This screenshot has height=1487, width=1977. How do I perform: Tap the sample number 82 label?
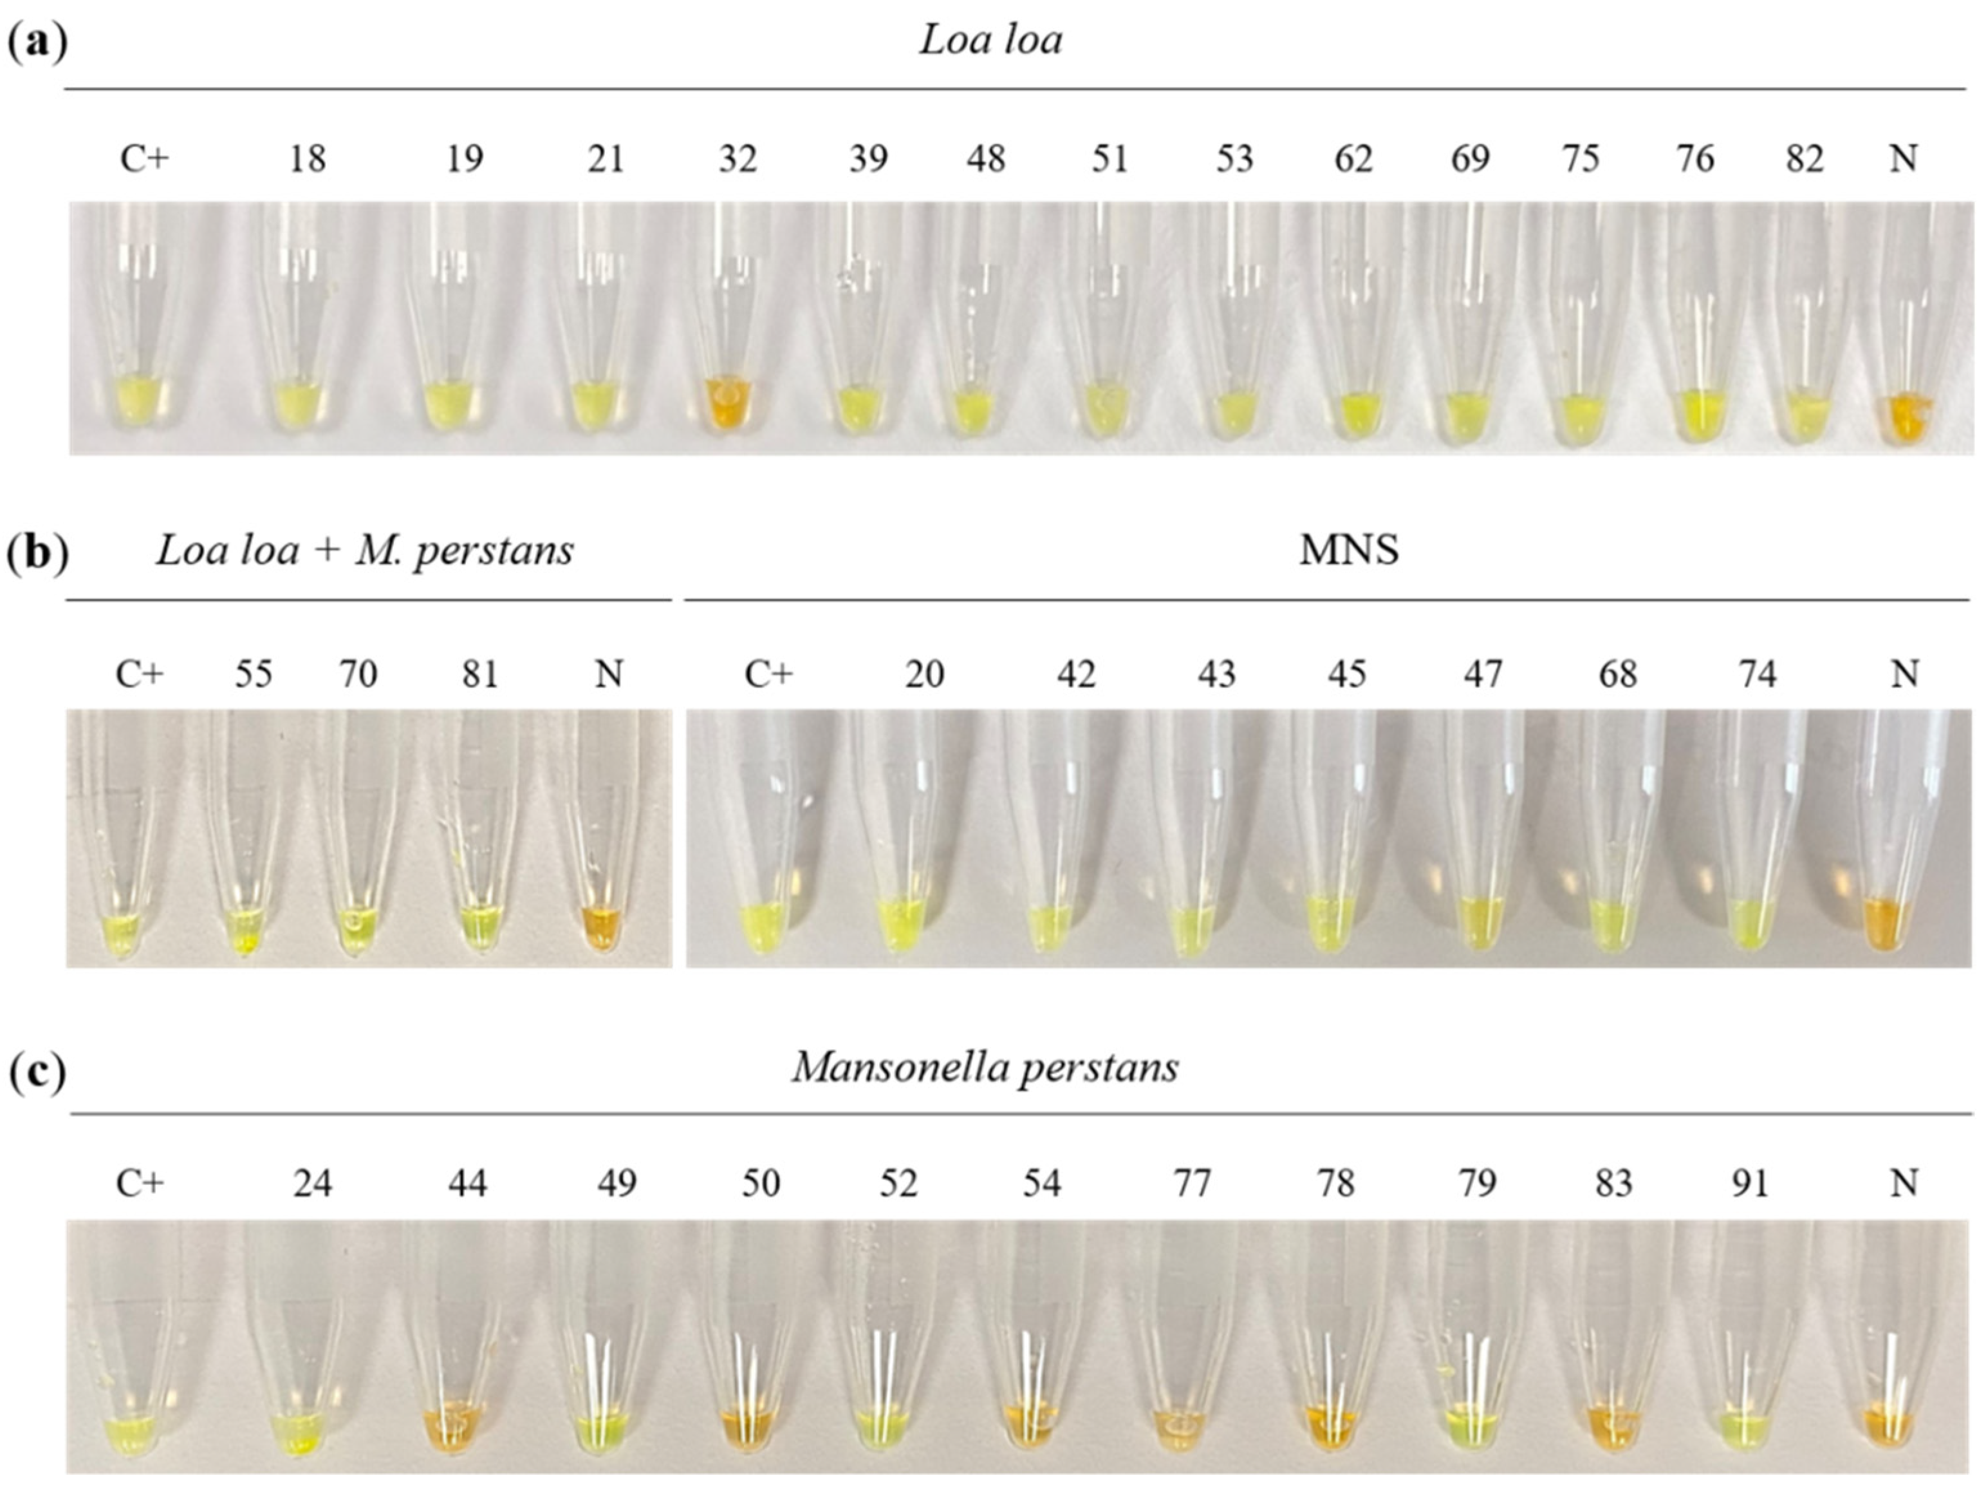point(1804,158)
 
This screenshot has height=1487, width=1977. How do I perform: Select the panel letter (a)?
point(37,41)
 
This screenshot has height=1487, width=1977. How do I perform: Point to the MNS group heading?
point(1349,549)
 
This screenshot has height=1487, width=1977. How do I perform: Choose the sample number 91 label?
point(1749,1183)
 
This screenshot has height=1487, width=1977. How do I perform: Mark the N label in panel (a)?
point(1904,158)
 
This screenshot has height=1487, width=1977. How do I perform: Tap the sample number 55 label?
point(253,674)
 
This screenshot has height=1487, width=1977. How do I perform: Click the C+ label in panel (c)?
point(140,1183)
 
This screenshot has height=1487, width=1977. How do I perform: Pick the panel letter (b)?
point(37,553)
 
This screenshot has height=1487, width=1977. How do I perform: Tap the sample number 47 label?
point(1482,674)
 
